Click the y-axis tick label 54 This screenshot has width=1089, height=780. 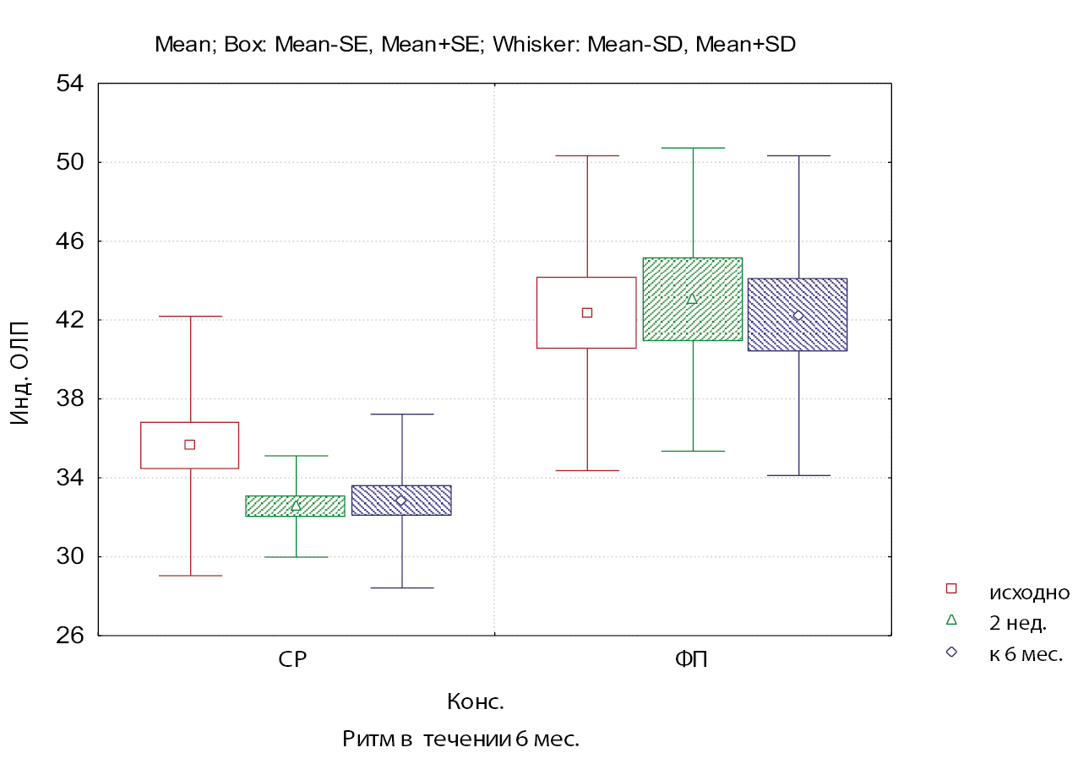click(x=70, y=84)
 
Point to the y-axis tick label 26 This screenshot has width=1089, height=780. click(x=70, y=635)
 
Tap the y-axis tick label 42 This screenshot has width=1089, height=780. click(x=70, y=320)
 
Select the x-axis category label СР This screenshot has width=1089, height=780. click(x=292, y=660)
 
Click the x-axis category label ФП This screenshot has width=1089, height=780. click(x=691, y=660)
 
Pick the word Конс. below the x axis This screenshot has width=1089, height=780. click(x=475, y=701)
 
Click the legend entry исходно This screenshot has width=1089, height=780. click(x=1029, y=593)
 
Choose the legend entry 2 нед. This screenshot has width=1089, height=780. click(x=1018, y=624)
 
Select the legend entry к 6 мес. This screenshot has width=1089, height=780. click(x=1026, y=654)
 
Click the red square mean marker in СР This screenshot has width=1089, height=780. click(x=190, y=445)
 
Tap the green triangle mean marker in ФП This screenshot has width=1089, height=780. click(x=692, y=299)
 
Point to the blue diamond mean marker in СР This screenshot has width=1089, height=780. click(x=401, y=501)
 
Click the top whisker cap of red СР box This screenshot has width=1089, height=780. click(x=191, y=317)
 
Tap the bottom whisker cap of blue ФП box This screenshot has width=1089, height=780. click(x=798, y=476)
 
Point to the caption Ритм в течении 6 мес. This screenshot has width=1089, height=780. click(x=460, y=739)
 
